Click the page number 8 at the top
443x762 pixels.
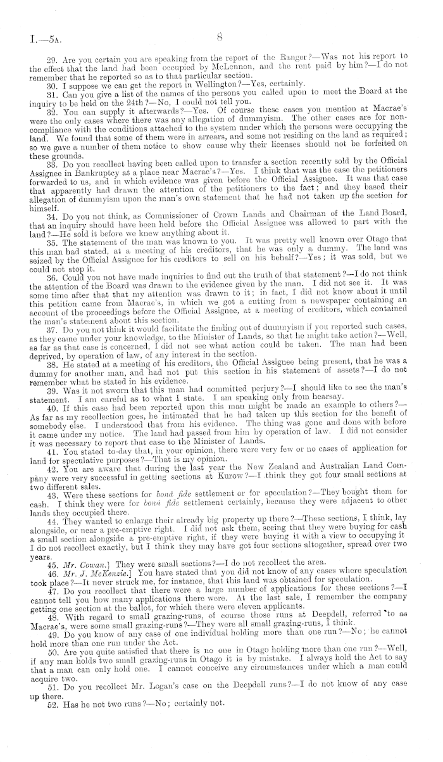220,37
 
